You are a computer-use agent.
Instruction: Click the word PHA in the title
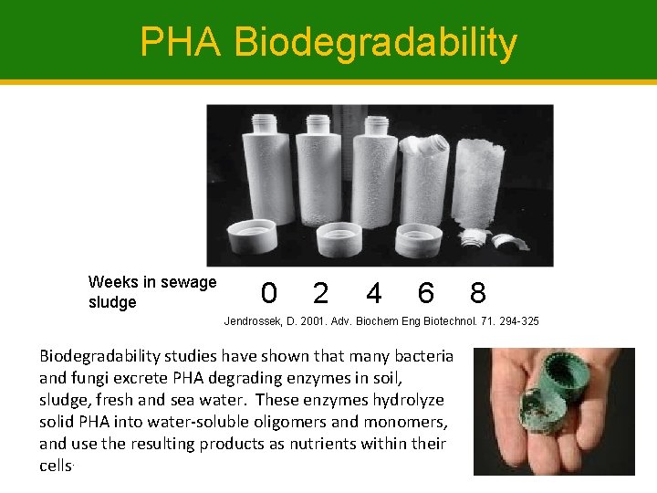pos(180,42)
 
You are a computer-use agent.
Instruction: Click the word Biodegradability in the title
pos(375,44)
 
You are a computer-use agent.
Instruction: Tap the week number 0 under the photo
pos(268,293)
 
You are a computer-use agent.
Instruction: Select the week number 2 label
pos(320,293)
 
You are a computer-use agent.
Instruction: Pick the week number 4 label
pos(373,293)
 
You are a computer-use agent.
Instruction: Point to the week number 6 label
pos(425,293)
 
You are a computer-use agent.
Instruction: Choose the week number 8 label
pos(477,293)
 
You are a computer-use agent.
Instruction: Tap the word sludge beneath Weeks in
pos(112,302)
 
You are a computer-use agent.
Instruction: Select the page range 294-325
pos(516,321)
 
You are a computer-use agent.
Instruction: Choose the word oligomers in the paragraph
pos(279,422)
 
